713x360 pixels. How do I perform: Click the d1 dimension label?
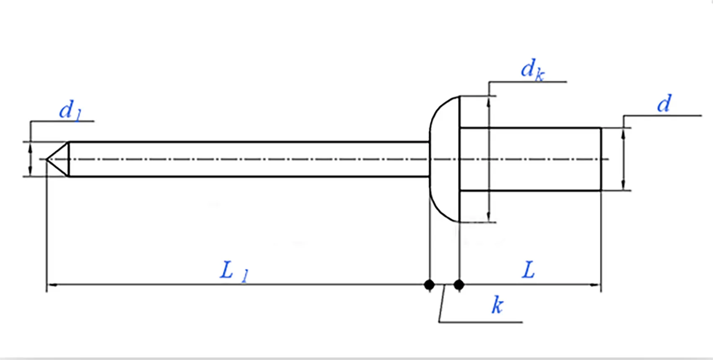point(70,111)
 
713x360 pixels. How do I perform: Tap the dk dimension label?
point(532,70)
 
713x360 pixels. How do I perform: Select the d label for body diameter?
point(664,104)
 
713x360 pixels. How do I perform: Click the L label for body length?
point(528,270)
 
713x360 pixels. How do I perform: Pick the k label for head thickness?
point(497,306)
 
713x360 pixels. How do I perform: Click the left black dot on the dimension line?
point(429,285)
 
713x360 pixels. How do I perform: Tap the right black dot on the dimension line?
point(459,285)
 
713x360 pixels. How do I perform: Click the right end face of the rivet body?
point(601,159)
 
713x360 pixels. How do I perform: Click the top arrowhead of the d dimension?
point(623,132)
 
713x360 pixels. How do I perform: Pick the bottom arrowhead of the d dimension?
point(623,186)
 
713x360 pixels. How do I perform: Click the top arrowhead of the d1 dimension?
point(30,145)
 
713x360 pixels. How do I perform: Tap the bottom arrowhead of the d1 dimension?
point(30,172)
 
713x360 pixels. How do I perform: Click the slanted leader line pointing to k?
point(442,304)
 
